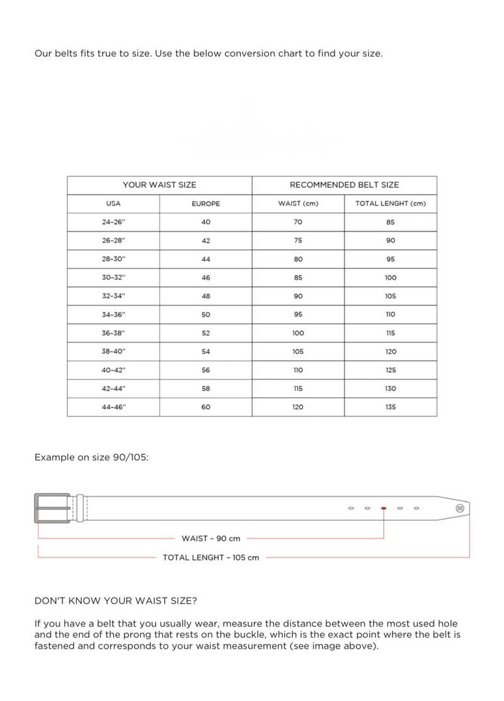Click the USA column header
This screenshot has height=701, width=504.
tap(113, 204)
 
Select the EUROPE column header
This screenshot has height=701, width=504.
tap(205, 204)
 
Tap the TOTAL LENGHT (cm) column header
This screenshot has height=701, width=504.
tap(391, 204)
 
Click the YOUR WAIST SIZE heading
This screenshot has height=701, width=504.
tap(159, 185)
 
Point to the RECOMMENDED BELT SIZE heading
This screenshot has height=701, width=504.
tap(344, 185)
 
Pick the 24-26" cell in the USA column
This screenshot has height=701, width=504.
tap(113, 222)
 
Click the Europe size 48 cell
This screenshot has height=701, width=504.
tap(205, 296)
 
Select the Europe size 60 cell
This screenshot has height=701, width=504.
tap(205, 407)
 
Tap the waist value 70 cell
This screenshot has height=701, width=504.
tap(298, 222)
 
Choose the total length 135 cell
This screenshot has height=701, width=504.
tap(391, 407)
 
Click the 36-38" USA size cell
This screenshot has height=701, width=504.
tap(113, 333)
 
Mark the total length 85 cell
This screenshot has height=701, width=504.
tap(391, 222)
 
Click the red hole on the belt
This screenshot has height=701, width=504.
tap(384, 507)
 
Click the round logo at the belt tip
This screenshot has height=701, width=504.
tap(460, 507)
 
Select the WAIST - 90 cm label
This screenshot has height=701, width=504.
tap(211, 538)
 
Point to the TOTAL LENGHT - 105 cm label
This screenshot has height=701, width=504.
tap(211, 557)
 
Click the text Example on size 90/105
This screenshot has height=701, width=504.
tap(91, 457)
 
